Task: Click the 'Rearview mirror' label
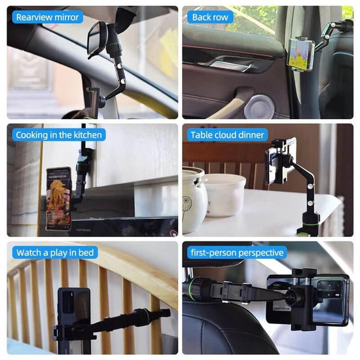(x=47, y=17)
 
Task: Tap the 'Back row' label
(x=209, y=17)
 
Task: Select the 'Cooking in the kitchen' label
(x=58, y=135)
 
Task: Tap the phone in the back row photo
(x=300, y=52)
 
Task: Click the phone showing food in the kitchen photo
(x=58, y=198)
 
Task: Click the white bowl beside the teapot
(x=224, y=194)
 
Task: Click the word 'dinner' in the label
(x=250, y=135)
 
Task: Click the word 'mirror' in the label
(x=65, y=17)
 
